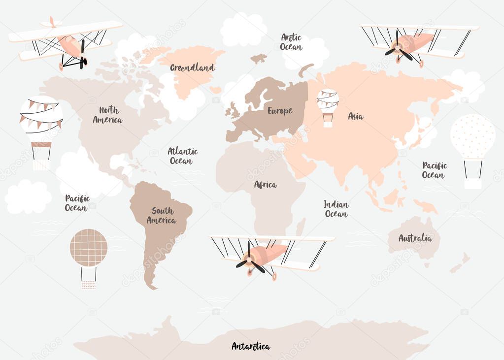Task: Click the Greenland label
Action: (x=192, y=67)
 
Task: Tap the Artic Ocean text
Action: (x=291, y=42)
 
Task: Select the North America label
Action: (x=107, y=115)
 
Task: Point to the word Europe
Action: (x=280, y=111)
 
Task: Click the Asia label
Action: (x=355, y=116)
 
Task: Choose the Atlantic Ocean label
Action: (x=182, y=156)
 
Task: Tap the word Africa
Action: (x=265, y=185)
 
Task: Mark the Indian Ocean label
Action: (x=336, y=209)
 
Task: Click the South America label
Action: (x=162, y=215)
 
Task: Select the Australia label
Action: (x=415, y=238)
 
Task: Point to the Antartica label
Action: (x=251, y=346)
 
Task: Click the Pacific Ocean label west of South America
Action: (x=77, y=203)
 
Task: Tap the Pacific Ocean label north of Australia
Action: (x=434, y=170)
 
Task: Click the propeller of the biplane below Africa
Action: (x=250, y=261)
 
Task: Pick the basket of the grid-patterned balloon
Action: (x=89, y=284)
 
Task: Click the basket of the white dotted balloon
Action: (x=472, y=183)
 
